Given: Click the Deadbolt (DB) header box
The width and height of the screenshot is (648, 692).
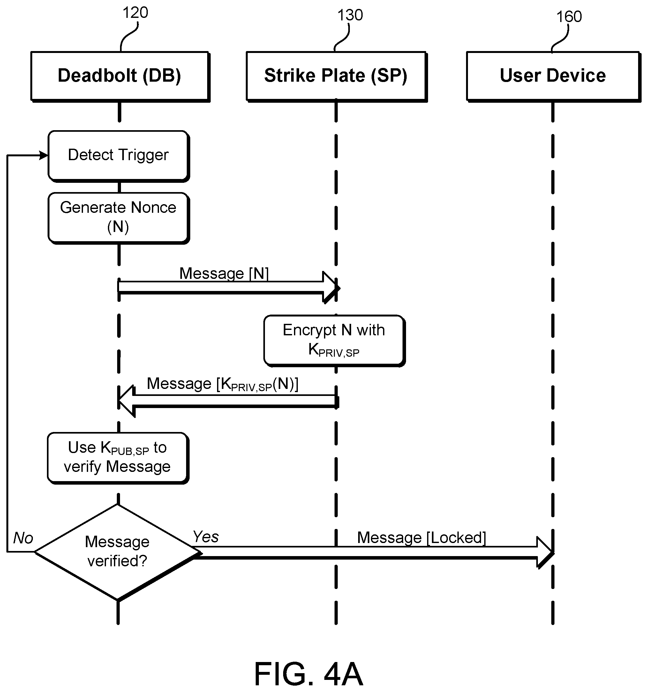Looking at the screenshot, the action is tap(120, 77).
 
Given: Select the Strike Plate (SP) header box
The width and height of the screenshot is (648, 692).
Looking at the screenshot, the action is tap(337, 77).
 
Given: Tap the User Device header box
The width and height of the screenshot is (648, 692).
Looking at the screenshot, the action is tap(553, 77).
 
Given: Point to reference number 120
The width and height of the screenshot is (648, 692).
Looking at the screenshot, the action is tap(135, 13).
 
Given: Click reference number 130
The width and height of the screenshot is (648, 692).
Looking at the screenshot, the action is tap(350, 15).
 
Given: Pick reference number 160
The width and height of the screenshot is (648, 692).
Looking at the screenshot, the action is tap(569, 17).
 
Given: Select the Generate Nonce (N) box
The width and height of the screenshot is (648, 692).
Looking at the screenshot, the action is tap(119, 218).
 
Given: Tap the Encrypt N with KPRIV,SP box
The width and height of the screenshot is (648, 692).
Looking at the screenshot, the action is tap(335, 341).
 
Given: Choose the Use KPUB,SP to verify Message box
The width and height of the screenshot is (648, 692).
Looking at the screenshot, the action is tap(118, 458).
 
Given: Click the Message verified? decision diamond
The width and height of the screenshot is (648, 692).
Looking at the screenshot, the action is tap(118, 552).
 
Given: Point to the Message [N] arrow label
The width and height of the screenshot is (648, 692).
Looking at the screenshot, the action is tap(224, 274).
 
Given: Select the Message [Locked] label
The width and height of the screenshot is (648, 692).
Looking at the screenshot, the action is tap(422, 538).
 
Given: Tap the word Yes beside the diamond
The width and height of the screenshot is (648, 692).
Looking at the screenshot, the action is tap(206, 537).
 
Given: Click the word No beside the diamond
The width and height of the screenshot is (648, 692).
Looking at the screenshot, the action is tap(23, 538).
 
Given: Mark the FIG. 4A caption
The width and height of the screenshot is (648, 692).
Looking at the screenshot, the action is tap(308, 674).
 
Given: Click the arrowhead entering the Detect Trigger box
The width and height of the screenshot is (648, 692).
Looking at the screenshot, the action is tap(44, 155).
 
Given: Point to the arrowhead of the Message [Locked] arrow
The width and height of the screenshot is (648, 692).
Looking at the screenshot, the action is tap(546, 552).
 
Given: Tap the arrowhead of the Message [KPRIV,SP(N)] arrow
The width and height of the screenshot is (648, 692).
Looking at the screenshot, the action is tap(126, 401).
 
